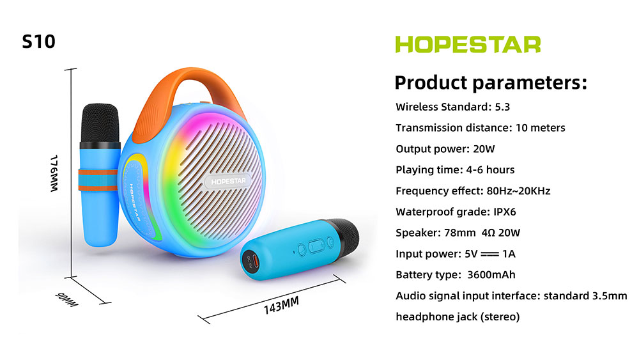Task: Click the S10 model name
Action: click(x=38, y=42)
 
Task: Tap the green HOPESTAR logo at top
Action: click(x=468, y=44)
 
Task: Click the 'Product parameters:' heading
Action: click(x=491, y=82)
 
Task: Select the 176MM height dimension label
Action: click(x=54, y=173)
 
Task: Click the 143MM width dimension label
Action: click(x=281, y=306)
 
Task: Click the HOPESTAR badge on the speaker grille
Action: click(x=228, y=181)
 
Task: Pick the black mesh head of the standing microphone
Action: click(x=100, y=124)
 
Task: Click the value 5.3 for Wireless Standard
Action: click(x=502, y=107)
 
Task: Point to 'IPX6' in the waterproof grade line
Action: click(x=505, y=212)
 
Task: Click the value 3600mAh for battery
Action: click(x=491, y=275)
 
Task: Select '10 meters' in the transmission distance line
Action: click(x=541, y=128)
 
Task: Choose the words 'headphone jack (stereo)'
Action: click(x=458, y=317)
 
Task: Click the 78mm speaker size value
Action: click(x=459, y=233)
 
